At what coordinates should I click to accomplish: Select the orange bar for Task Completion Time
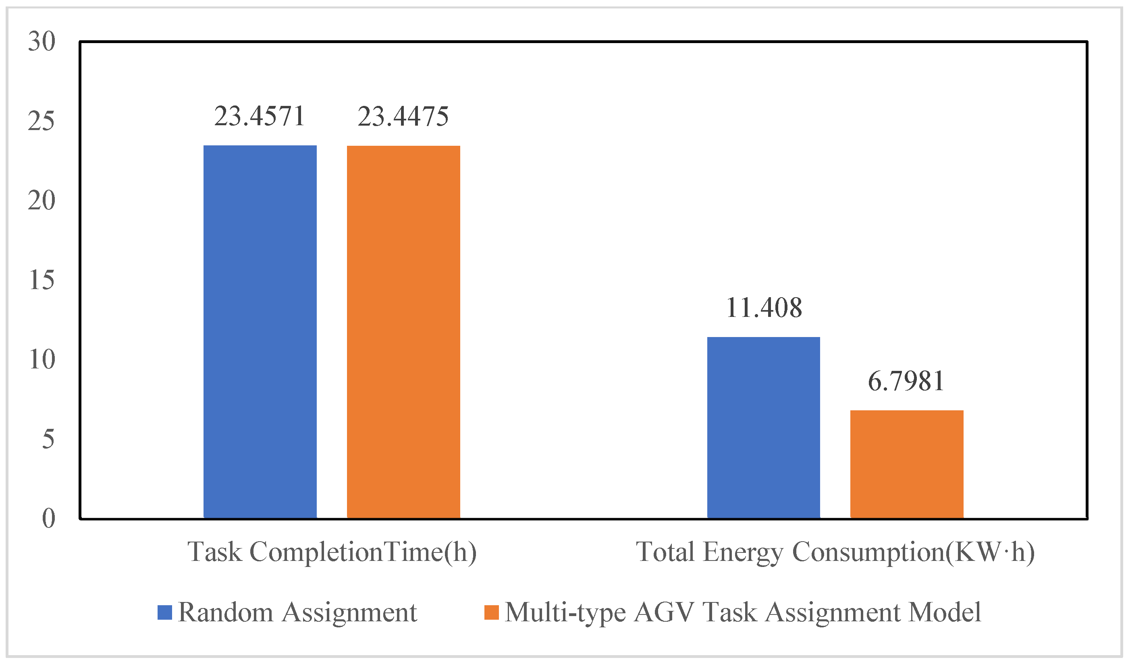click(x=403, y=331)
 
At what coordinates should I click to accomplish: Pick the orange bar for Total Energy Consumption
click(x=906, y=464)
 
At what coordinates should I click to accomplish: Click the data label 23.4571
click(x=260, y=116)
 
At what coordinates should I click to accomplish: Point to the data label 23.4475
click(x=403, y=116)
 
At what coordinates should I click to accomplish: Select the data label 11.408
click(x=764, y=308)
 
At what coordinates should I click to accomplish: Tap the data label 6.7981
click(x=906, y=381)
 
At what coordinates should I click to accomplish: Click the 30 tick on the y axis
click(x=42, y=41)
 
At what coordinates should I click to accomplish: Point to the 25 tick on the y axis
click(x=42, y=121)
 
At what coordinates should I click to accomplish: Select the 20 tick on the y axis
click(x=42, y=201)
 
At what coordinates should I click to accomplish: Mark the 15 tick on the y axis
click(x=42, y=280)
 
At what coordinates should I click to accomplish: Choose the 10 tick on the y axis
click(x=42, y=359)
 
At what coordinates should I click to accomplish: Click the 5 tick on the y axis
click(x=48, y=439)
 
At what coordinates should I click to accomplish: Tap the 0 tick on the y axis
click(x=48, y=519)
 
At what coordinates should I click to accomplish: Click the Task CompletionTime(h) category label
click(x=332, y=552)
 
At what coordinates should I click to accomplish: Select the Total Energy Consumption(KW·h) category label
click(x=835, y=552)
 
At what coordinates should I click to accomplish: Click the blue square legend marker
click(x=165, y=612)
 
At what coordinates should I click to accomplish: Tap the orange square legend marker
click(x=491, y=612)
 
